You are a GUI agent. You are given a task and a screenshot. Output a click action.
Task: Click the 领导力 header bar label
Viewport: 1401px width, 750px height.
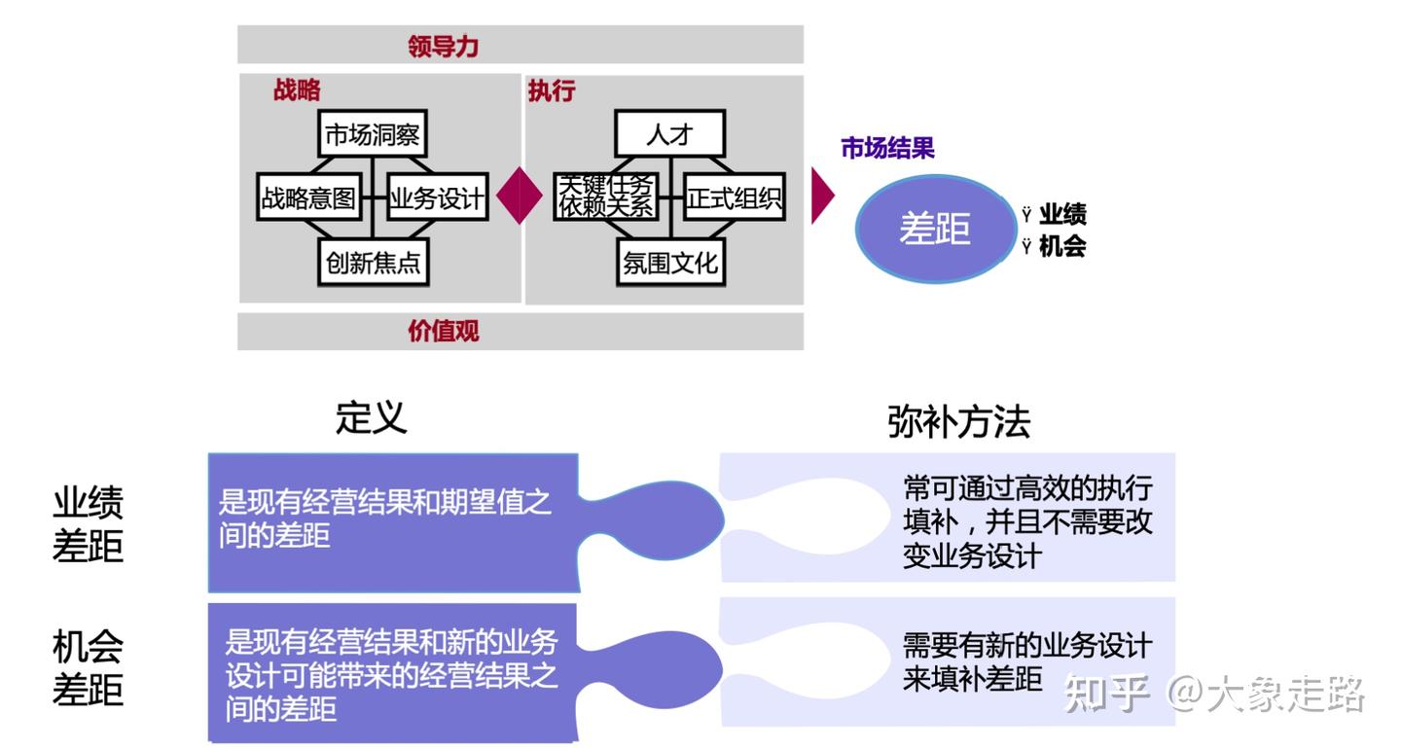pyautogui.click(x=444, y=46)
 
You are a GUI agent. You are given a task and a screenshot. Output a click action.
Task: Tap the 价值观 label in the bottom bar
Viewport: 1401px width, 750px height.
pyautogui.click(x=444, y=331)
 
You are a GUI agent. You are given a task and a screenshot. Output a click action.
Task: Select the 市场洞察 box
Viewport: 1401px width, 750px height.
pyautogui.click(x=373, y=134)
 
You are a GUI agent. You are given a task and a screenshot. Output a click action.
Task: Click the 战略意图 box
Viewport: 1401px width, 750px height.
pyautogui.click(x=308, y=198)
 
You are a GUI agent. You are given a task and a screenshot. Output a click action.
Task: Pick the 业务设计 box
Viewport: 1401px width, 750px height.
pyautogui.click(x=436, y=198)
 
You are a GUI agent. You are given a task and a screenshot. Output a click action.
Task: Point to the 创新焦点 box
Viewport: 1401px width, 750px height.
pyautogui.click(x=373, y=263)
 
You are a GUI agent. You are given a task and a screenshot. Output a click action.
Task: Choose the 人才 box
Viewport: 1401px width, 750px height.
pyautogui.click(x=669, y=134)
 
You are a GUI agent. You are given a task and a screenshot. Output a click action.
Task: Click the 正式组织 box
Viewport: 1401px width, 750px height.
pyautogui.click(x=734, y=198)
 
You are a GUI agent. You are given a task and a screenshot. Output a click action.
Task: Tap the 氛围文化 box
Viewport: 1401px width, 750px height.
pyautogui.click(x=669, y=263)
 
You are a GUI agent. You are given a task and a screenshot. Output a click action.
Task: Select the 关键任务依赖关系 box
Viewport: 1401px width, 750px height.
pyautogui.click(x=605, y=196)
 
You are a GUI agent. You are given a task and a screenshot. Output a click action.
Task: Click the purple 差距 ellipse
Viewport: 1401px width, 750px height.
pyautogui.click(x=935, y=229)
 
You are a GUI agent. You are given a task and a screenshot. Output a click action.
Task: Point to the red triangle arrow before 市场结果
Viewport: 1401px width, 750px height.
pyautogui.click(x=822, y=196)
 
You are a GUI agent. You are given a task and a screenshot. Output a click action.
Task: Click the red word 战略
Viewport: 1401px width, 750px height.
pyautogui.click(x=297, y=90)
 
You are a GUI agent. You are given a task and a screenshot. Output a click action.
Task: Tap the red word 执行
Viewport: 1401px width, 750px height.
pyautogui.click(x=552, y=90)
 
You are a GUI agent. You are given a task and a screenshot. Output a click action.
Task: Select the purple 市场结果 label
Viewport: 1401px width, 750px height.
pyautogui.click(x=887, y=148)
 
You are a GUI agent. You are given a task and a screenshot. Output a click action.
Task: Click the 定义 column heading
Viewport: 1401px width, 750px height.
pyautogui.click(x=371, y=417)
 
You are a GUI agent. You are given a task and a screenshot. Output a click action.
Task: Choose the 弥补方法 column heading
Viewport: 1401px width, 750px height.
pyautogui.click(x=958, y=421)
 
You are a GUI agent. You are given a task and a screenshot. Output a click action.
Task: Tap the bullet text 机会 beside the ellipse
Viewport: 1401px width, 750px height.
pyautogui.click(x=1062, y=246)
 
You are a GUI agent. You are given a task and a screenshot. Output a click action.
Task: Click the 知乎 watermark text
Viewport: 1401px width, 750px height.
pyautogui.click(x=1107, y=693)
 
